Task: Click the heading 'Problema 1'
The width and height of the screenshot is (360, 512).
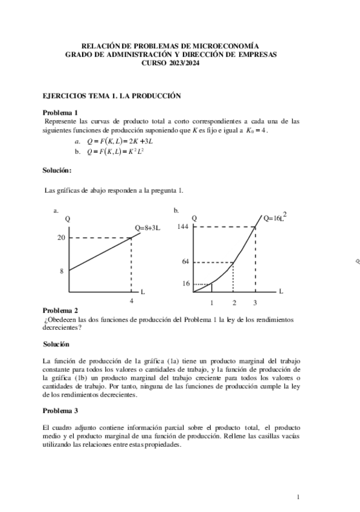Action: point(60,112)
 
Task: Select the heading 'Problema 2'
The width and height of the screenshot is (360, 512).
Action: point(60,311)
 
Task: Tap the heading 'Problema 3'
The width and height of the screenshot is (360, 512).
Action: point(60,411)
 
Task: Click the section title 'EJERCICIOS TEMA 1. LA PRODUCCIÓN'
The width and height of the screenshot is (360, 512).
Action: point(112,95)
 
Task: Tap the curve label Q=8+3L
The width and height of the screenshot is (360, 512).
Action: point(147,228)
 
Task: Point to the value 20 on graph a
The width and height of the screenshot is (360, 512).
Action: point(61,238)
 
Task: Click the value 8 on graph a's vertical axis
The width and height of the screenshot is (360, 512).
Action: point(62,272)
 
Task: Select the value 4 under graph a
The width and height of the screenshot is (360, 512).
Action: point(131,301)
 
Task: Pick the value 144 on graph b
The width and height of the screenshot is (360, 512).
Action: point(184,227)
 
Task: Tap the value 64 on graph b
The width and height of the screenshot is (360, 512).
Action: point(185,262)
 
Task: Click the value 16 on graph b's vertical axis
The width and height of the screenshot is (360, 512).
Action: point(185,283)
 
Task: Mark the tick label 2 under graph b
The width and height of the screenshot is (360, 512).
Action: point(234,302)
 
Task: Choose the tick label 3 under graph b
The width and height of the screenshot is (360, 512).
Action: point(255,302)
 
